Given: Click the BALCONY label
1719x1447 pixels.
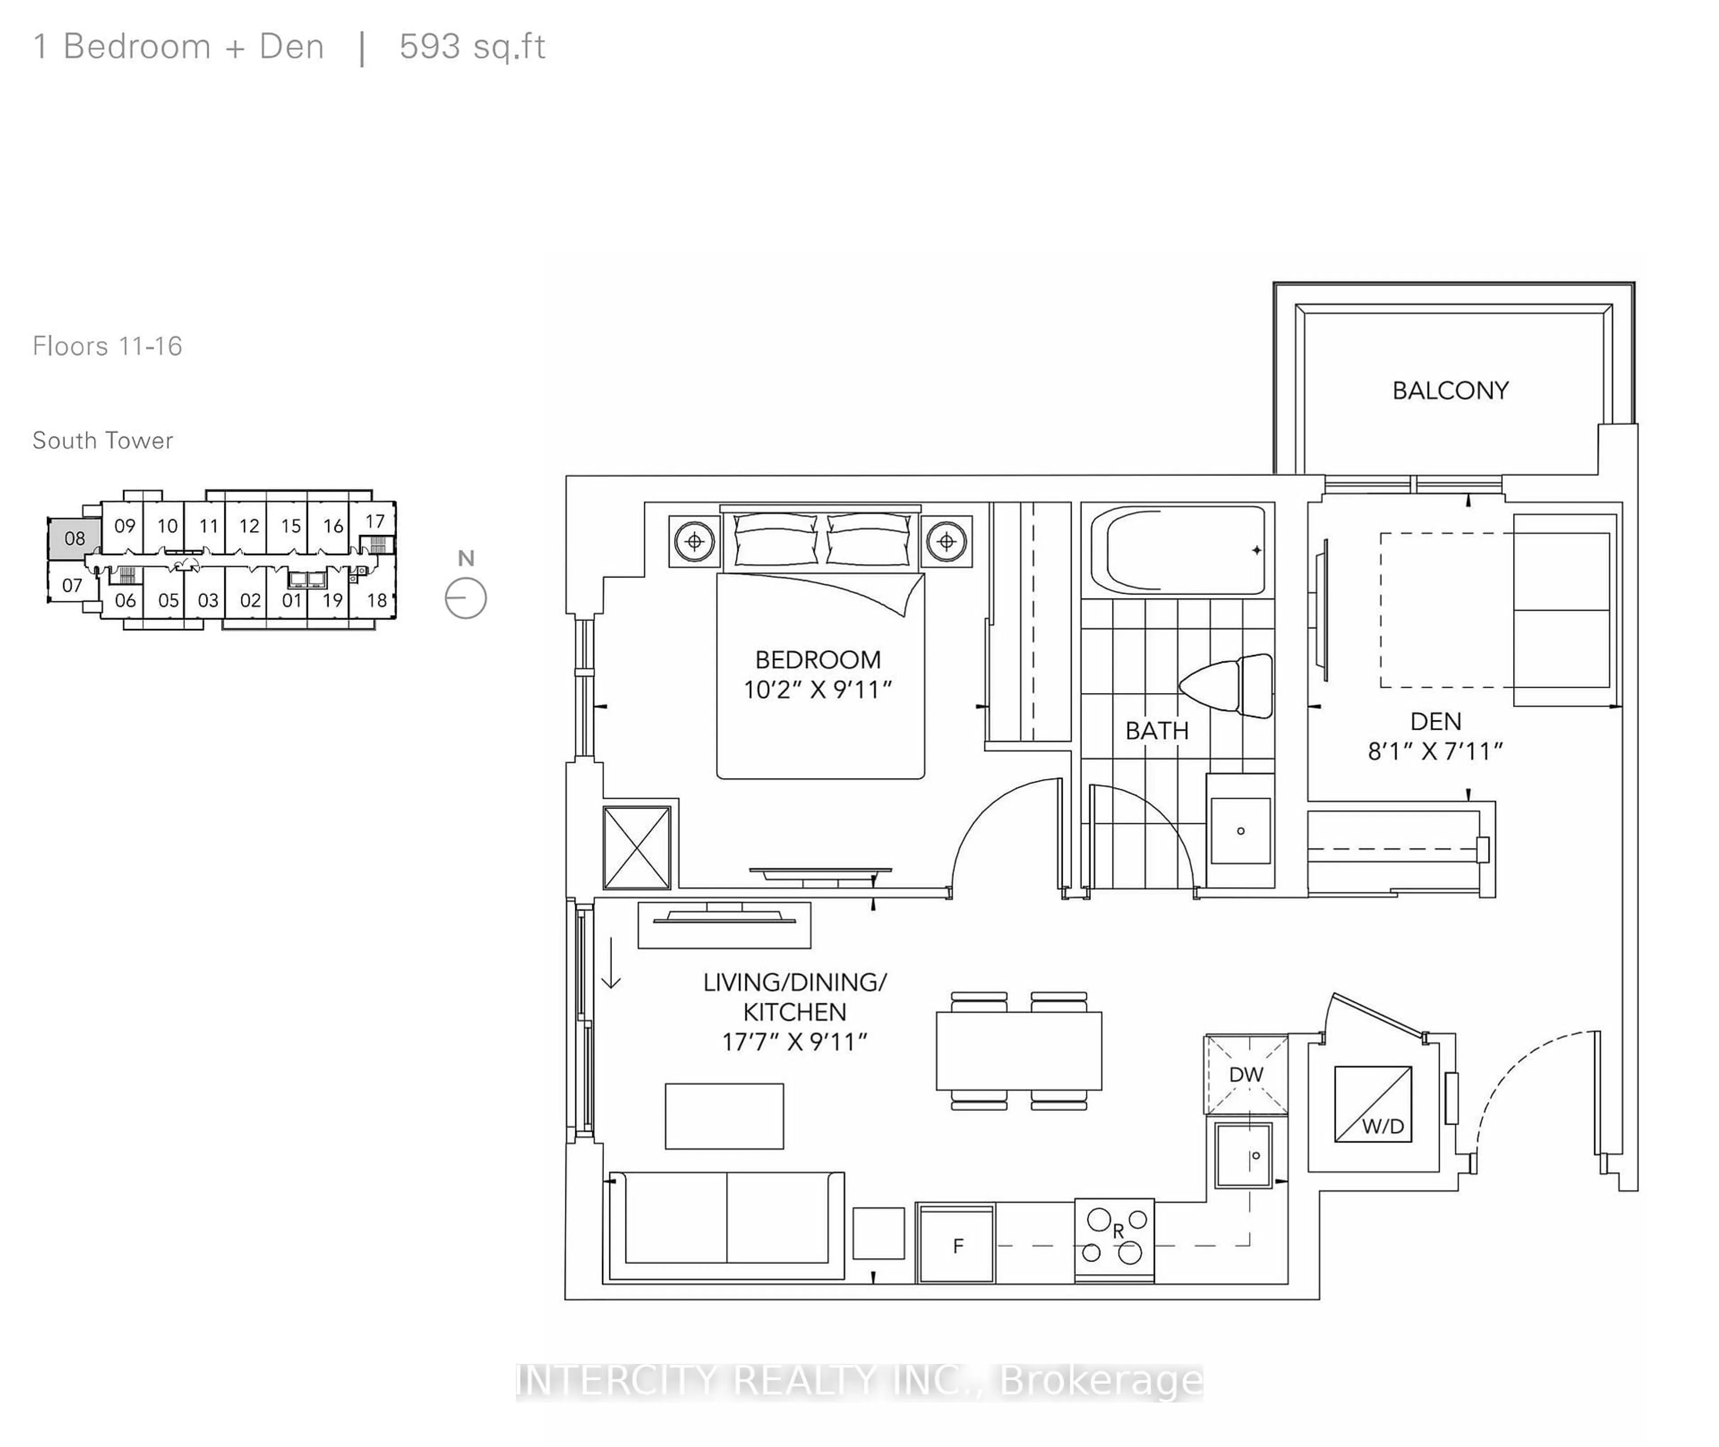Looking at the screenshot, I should [1450, 390].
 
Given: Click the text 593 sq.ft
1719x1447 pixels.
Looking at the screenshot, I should [472, 47].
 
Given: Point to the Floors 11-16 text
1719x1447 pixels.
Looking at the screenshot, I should [107, 346].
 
